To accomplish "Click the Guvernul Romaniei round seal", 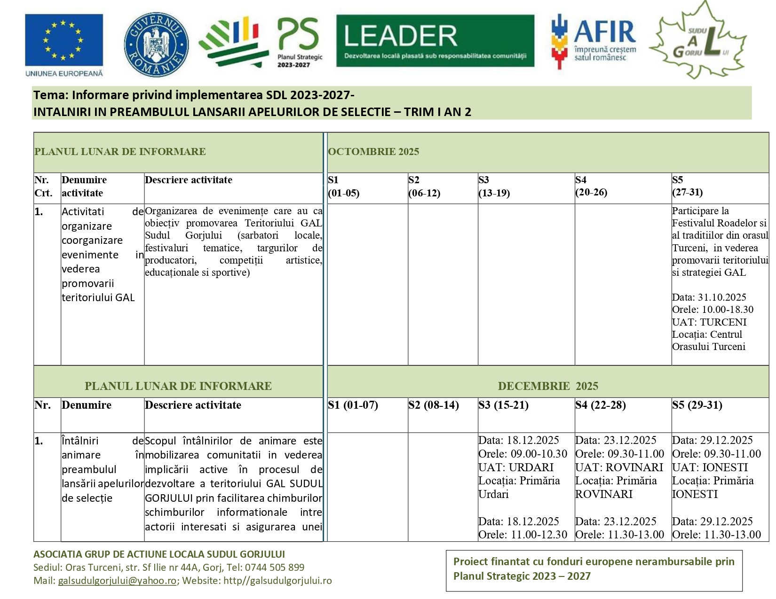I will (x=156, y=44).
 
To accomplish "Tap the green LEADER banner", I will (x=435, y=41).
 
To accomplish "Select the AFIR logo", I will (x=594, y=41).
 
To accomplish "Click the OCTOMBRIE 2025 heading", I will (x=373, y=152).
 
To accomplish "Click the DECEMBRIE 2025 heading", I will (x=548, y=386).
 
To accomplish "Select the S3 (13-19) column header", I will (x=494, y=187).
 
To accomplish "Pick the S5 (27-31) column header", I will (x=688, y=187).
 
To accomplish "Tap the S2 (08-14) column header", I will (x=434, y=405).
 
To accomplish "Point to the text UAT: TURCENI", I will (x=709, y=322).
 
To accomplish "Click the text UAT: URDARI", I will (x=516, y=467).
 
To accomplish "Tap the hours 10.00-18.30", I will (x=728, y=310).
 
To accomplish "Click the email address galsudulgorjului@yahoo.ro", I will (x=117, y=581).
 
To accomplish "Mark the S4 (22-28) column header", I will (x=601, y=405).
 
